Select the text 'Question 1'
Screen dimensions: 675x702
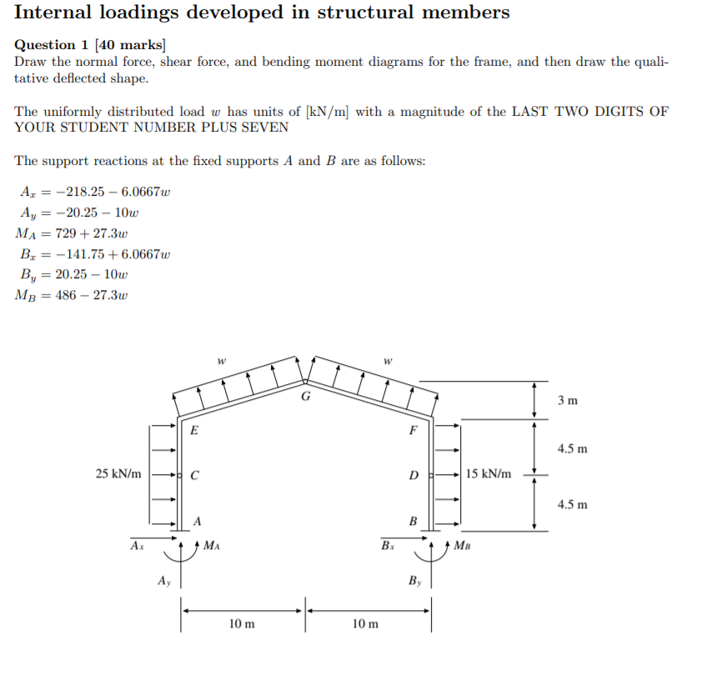(x=49, y=46)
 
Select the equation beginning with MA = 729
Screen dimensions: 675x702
(x=71, y=234)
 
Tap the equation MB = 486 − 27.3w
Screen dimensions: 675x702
(x=71, y=295)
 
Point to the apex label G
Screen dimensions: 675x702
(x=305, y=396)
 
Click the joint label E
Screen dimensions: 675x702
(x=194, y=431)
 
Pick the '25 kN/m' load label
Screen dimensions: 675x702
(x=118, y=474)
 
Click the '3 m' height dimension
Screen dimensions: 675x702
(x=567, y=401)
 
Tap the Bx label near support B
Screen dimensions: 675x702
(x=388, y=546)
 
